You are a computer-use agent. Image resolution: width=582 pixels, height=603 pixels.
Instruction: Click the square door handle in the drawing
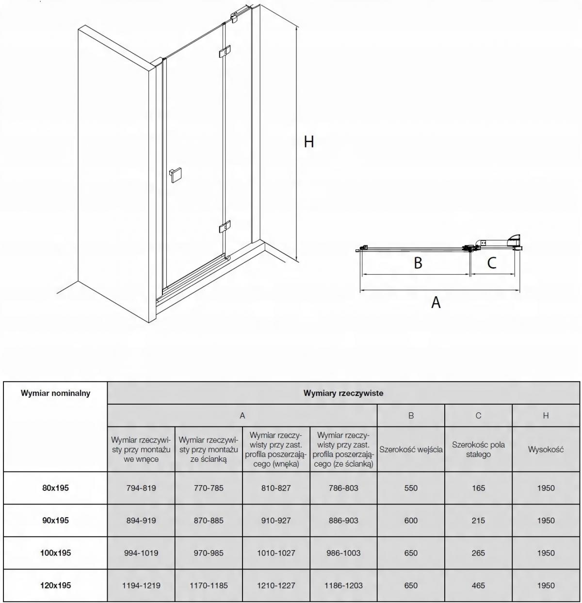click(x=175, y=175)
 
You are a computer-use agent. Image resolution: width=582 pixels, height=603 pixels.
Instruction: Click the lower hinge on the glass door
click(x=225, y=227)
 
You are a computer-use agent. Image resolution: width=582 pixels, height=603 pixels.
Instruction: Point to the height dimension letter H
click(x=309, y=142)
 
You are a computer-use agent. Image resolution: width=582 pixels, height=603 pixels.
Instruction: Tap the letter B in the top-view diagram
click(x=418, y=263)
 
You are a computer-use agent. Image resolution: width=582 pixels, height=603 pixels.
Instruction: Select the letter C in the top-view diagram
click(x=491, y=263)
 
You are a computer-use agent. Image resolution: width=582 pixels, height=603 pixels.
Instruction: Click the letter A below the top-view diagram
click(x=436, y=302)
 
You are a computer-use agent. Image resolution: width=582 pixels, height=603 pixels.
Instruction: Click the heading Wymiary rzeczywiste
click(x=343, y=393)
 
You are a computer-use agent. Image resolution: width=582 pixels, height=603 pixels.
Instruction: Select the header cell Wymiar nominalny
click(x=55, y=393)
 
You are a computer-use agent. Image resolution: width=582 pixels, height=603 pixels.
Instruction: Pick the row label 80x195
click(x=55, y=488)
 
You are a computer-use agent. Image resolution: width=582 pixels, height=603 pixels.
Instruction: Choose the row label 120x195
click(x=55, y=586)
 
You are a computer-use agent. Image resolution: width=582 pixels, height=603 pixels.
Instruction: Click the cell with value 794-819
click(x=141, y=488)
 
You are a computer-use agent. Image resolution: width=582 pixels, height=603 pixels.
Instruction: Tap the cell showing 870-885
click(x=209, y=521)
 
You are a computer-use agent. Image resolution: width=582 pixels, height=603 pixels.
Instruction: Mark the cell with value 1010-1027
click(x=276, y=553)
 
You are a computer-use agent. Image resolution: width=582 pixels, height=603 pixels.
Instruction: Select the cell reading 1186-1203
click(x=343, y=586)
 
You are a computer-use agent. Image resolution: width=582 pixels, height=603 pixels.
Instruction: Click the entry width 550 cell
click(x=411, y=488)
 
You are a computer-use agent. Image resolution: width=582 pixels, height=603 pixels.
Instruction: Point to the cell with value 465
click(x=478, y=586)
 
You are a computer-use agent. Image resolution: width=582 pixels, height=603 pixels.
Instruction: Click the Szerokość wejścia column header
click(x=411, y=449)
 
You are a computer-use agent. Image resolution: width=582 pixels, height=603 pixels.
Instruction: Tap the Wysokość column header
click(x=546, y=449)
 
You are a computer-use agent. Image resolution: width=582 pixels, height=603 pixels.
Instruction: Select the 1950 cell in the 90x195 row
click(x=546, y=521)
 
